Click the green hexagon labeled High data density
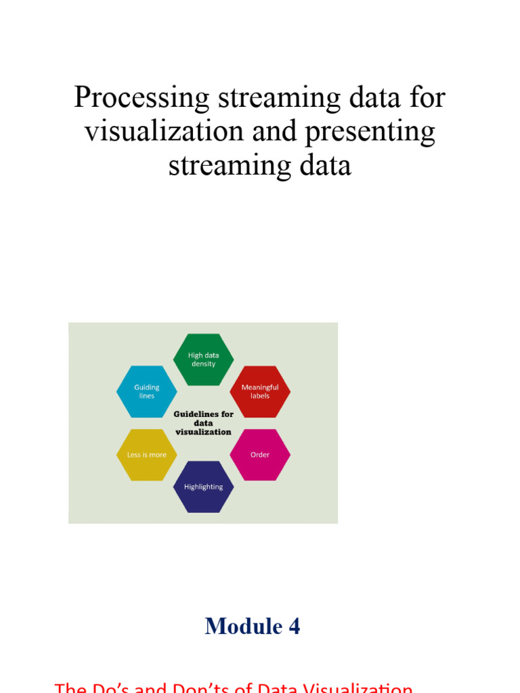pos(203,359)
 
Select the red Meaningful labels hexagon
pos(260,391)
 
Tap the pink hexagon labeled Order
pos(260,455)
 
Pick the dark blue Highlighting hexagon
pos(203,487)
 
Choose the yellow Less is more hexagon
pos(146,455)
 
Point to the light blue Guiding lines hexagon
pos(146,391)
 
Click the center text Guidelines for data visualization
pos(203,423)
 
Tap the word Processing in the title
pos(142,99)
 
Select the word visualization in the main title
pos(162,131)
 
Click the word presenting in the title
pos(370,131)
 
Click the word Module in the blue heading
pos(234,626)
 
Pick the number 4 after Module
pos(294,626)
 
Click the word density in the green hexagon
pos(203,364)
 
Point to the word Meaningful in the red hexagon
pos(260,387)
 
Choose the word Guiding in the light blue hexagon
pos(147,387)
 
